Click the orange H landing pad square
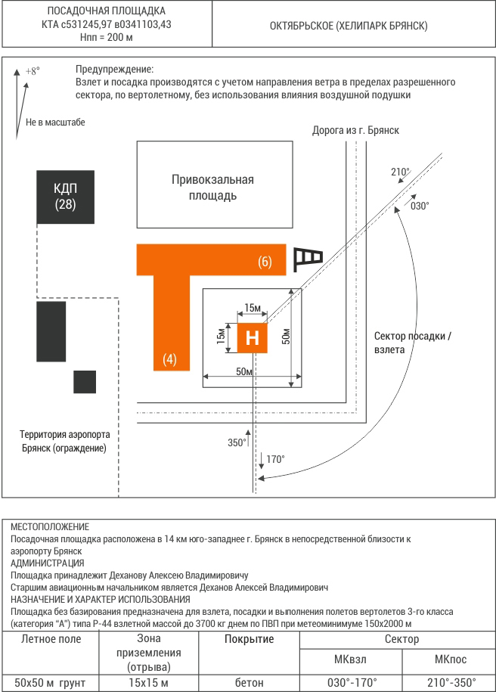253,338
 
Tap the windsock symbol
308,259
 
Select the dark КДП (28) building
65,197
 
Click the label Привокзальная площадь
212,187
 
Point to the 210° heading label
400,172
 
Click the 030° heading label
420,206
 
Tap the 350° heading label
237,442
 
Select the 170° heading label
275,459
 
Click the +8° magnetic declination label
33,70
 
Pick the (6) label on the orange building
265,262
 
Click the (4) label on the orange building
170,359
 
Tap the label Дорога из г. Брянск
355,130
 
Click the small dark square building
85,382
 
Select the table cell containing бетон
250,683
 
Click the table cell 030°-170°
352,683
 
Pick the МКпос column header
450,659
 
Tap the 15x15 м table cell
149,683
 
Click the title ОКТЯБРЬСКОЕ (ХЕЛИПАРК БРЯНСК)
349,26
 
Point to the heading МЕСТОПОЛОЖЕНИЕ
50,526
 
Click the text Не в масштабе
55,123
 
